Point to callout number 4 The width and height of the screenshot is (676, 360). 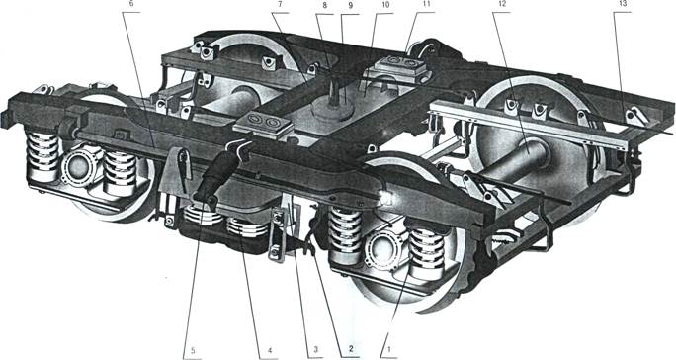[x=269, y=349]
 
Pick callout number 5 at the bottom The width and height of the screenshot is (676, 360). [x=193, y=349]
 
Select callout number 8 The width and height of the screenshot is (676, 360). [x=325, y=5]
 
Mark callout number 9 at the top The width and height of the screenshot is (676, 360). [x=350, y=5]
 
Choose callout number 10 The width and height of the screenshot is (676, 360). [x=385, y=5]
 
